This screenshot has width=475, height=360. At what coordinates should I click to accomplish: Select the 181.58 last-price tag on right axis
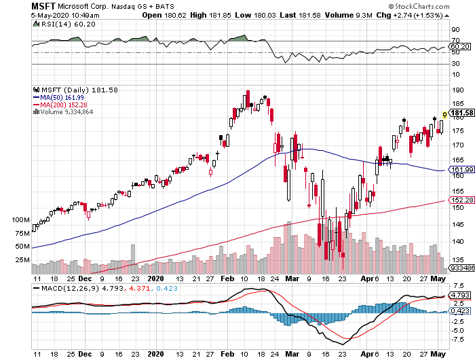pyautogui.click(x=461, y=113)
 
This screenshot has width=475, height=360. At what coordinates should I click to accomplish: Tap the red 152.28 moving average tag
pyautogui.click(x=461, y=200)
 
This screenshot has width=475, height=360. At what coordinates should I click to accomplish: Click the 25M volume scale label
pyautogui.click(x=22, y=259)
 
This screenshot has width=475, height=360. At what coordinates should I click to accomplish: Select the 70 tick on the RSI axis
pyautogui.click(x=455, y=41)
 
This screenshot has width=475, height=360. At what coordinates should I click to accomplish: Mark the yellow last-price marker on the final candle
pyautogui.click(x=445, y=115)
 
